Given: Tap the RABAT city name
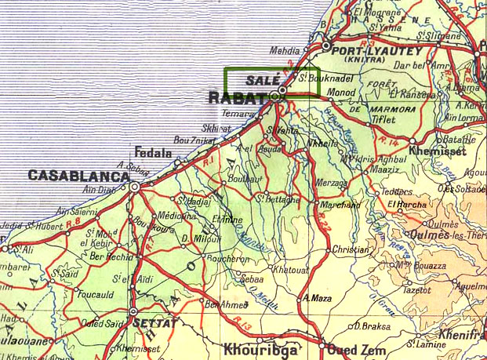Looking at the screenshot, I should tap(236, 98).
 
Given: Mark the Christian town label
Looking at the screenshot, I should tap(351, 250).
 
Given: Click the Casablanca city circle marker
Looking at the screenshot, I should tap(135, 187).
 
